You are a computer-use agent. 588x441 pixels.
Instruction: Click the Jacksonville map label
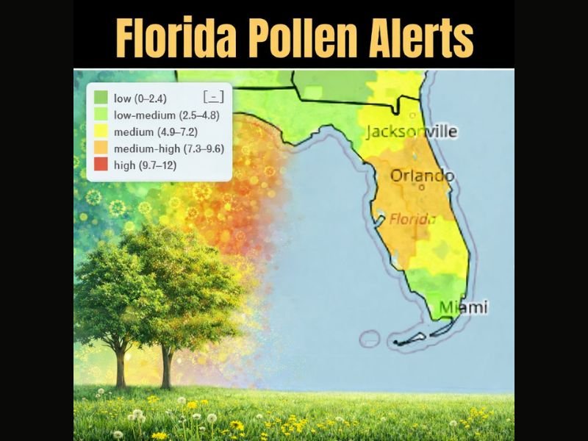tap(412, 132)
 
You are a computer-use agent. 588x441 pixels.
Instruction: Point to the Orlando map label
tap(422, 176)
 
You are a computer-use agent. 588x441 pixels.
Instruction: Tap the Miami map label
tap(463, 307)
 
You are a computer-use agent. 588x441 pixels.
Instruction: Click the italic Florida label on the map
tap(412, 219)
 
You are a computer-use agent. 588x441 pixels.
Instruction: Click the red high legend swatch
tap(100, 165)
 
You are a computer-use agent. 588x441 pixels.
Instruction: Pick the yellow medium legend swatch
tap(100, 132)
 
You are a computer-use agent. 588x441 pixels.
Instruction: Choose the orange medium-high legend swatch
tap(100, 148)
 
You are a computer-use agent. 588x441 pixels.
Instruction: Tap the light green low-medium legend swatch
tap(100, 115)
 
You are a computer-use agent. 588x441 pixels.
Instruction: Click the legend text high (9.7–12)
tap(145, 165)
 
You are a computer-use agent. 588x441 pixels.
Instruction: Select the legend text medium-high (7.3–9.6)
tap(169, 148)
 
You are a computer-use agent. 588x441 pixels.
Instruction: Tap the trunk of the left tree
tap(120, 367)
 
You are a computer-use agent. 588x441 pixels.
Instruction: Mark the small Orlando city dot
tap(422, 187)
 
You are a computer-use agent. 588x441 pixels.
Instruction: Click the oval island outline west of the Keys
tap(370, 339)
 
